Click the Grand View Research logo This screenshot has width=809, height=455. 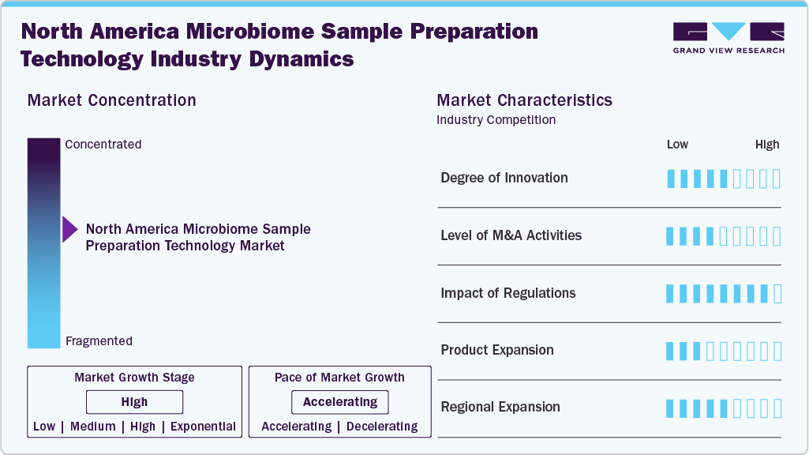(x=728, y=38)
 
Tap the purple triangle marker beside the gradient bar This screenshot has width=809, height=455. (x=69, y=229)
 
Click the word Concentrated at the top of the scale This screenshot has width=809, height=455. (x=103, y=144)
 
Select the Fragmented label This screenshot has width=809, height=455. (x=99, y=341)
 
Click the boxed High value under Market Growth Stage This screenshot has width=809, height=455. (x=135, y=402)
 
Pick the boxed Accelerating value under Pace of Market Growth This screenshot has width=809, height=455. (x=340, y=402)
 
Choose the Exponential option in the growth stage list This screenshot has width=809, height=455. (x=203, y=426)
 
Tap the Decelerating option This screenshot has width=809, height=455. (x=382, y=426)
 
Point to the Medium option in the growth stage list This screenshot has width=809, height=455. (x=93, y=426)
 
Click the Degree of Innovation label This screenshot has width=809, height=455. (x=504, y=178)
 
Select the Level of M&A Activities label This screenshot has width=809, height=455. (x=511, y=235)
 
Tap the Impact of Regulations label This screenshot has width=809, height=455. (x=508, y=293)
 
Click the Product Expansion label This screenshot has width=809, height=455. (x=497, y=350)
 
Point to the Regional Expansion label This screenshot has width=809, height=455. (x=500, y=407)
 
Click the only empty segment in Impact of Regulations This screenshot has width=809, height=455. (x=777, y=294)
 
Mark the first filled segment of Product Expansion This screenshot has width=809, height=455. (x=670, y=352)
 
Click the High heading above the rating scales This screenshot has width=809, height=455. (x=767, y=145)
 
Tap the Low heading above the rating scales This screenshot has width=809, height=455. (x=677, y=145)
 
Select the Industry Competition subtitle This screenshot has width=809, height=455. (x=496, y=120)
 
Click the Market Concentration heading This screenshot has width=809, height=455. (x=112, y=100)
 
